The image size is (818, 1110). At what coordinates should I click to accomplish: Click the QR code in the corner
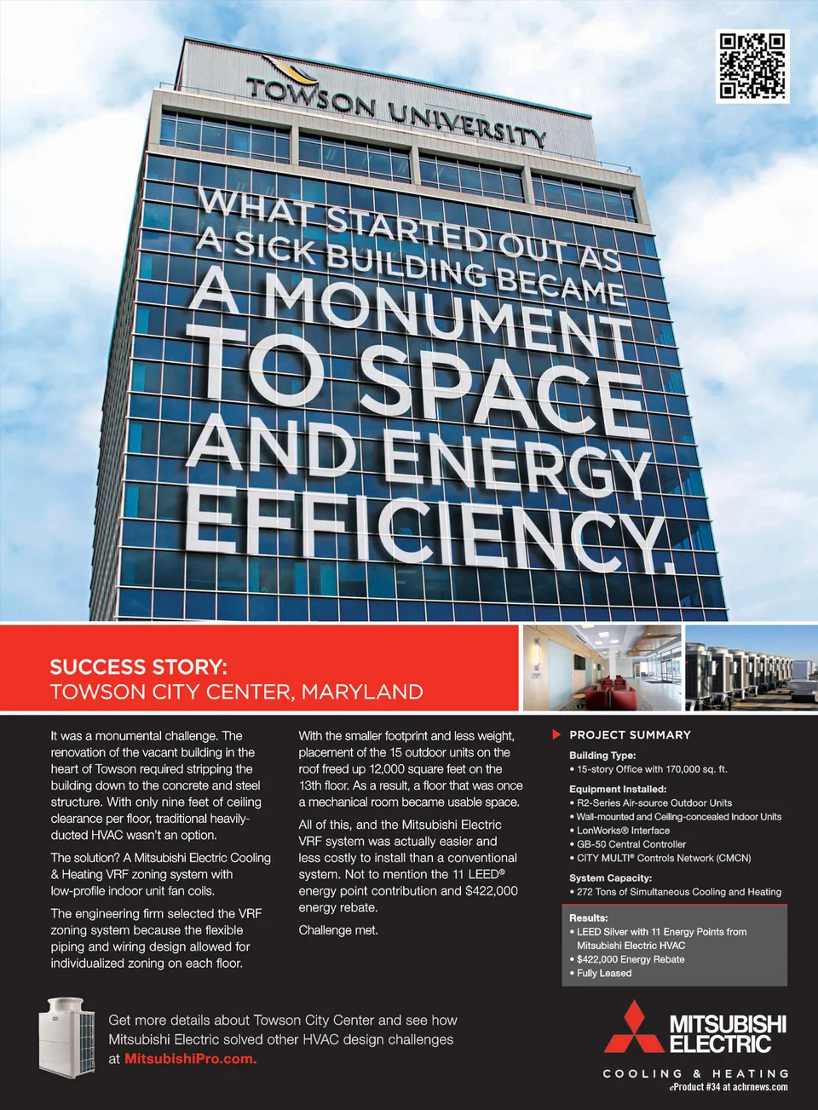[752, 66]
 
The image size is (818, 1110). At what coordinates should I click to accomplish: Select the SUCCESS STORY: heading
[138, 667]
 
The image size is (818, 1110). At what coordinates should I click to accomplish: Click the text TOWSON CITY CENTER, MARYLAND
[236, 692]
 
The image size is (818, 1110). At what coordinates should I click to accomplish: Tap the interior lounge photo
[602, 668]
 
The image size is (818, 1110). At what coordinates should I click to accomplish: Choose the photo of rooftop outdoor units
[751, 668]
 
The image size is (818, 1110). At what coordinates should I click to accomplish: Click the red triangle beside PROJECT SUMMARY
[556, 734]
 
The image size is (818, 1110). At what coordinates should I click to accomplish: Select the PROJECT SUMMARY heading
[630, 734]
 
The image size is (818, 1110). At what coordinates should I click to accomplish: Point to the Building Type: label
[602, 755]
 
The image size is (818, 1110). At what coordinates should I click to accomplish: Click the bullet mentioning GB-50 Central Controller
[631, 844]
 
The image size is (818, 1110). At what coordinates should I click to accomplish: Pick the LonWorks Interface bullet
[623, 831]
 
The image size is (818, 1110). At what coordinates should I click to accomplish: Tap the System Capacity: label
[610, 877]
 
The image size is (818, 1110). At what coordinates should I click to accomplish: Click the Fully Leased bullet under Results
[603, 973]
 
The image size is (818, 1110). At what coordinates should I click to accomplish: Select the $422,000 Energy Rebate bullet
[630, 959]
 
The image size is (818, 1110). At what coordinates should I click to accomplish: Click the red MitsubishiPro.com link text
[190, 1059]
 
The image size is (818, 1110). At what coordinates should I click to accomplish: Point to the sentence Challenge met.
[338, 930]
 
